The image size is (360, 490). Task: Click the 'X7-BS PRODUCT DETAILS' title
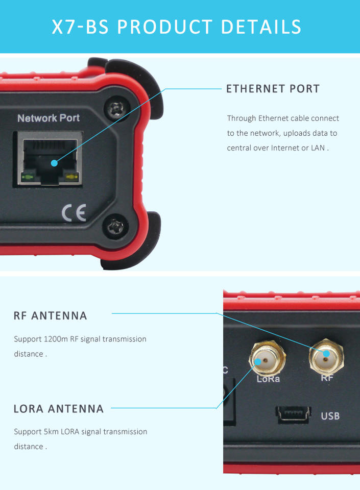(x=177, y=27)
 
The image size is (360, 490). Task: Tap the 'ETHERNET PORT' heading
(x=273, y=89)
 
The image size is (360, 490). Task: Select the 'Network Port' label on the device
(x=49, y=118)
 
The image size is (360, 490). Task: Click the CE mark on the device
(x=74, y=212)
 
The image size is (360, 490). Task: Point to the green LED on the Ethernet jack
(x=28, y=177)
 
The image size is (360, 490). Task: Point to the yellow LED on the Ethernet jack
(x=71, y=178)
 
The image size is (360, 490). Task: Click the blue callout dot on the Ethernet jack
(x=54, y=163)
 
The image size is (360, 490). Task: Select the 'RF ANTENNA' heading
(x=51, y=315)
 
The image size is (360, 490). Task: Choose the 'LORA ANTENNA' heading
(x=58, y=409)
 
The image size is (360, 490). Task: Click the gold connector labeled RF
(x=326, y=357)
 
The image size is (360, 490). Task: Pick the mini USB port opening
(x=293, y=414)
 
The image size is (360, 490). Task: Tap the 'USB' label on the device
(x=330, y=416)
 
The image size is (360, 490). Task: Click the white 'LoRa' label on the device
(x=268, y=379)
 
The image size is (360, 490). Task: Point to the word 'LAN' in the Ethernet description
(x=318, y=148)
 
